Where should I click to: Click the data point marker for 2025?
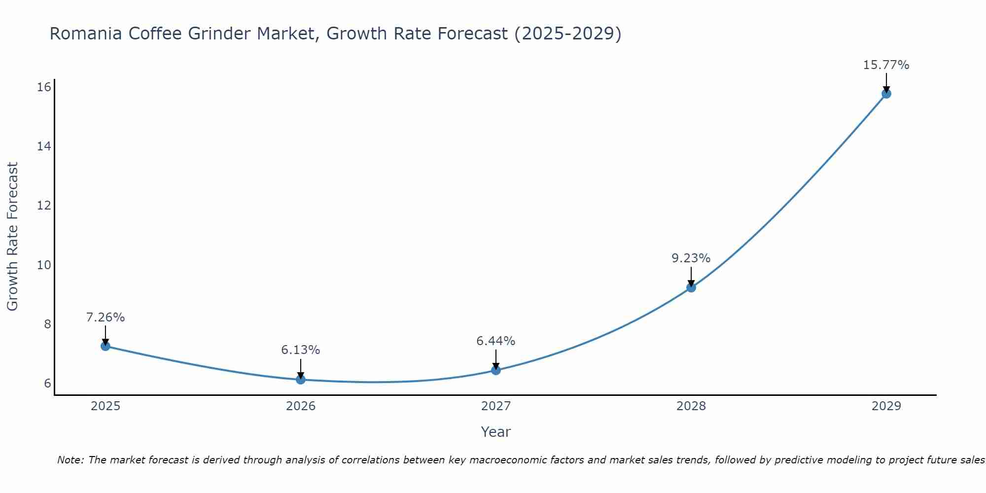(105, 346)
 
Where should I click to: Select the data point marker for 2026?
(300, 379)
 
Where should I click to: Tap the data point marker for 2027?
(495, 370)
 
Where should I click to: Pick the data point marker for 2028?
(691, 287)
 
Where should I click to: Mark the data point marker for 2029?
(886, 94)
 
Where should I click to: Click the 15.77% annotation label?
(886, 65)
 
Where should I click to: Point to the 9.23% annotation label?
(691, 258)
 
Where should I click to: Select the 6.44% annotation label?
(495, 341)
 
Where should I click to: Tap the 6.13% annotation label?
(300, 350)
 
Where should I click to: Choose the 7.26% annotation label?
(105, 317)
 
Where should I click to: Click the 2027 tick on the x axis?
(495, 406)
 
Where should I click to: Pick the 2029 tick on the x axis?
(886, 406)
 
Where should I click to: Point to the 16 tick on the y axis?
(44, 87)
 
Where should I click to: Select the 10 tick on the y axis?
(44, 265)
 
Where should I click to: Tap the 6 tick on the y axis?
(47, 384)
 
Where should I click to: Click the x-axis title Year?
(495, 432)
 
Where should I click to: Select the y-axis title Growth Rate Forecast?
(12, 237)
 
